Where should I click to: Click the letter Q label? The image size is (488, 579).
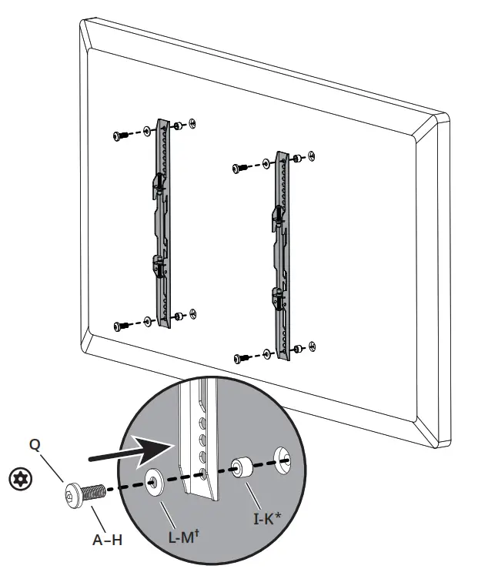coord(35,444)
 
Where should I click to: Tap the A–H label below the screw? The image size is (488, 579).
coord(107,540)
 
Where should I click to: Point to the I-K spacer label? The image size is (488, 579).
coord(270,520)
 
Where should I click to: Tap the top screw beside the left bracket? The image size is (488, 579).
coord(120,136)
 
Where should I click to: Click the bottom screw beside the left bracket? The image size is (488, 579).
coord(120,325)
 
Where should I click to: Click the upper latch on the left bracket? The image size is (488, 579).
coord(156,182)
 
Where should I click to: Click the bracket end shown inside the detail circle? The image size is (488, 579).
coord(197,462)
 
